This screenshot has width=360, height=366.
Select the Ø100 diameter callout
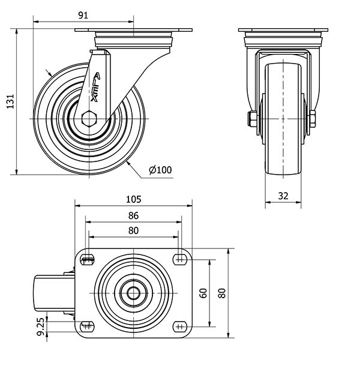(160, 170)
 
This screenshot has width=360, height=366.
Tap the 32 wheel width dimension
(283, 195)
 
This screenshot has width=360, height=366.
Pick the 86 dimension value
(133, 215)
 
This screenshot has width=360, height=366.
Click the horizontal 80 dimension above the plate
(133, 230)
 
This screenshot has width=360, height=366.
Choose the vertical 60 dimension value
(203, 293)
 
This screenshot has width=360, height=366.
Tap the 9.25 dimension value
(40, 326)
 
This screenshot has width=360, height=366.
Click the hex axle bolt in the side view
(88, 119)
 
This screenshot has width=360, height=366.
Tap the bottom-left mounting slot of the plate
(88, 327)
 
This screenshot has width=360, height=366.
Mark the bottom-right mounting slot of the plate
(179, 327)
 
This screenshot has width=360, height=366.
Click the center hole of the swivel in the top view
(133, 293)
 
